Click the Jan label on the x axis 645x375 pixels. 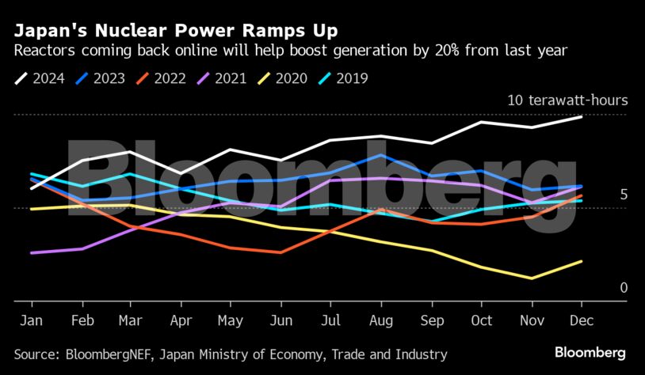point(31,320)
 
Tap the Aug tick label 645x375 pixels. point(382,320)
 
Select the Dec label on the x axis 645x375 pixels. point(582,320)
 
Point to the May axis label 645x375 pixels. point(231,320)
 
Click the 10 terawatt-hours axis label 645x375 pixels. point(568,100)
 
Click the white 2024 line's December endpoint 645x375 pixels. point(582,116)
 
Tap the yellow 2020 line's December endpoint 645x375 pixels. point(582,261)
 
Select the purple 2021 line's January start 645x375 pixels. point(31,253)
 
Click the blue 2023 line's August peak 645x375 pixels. point(383,155)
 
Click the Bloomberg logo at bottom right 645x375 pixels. point(590,352)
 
